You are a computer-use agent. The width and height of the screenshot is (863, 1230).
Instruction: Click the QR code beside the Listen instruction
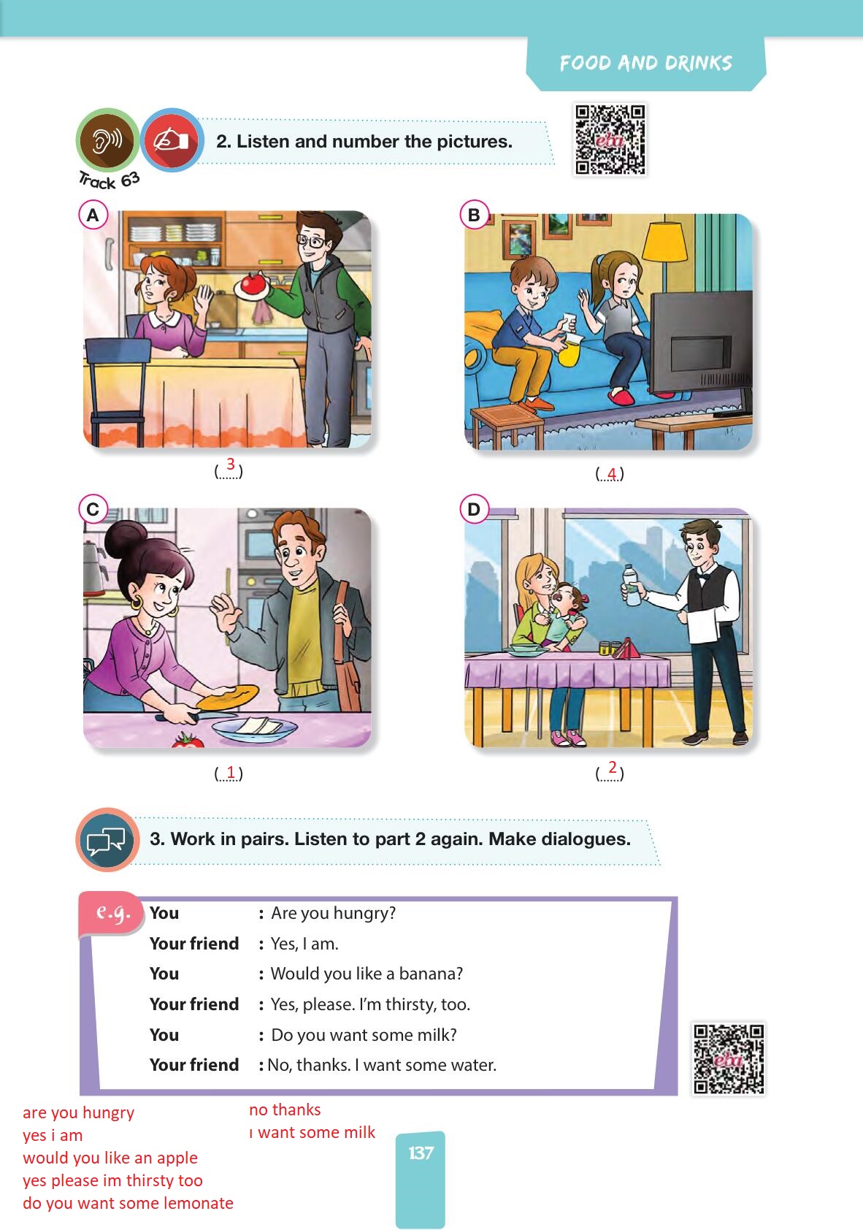[x=610, y=140]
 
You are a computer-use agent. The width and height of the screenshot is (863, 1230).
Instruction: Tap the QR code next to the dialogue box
[x=729, y=1058]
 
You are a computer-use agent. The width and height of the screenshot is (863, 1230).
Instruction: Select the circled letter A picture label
[x=93, y=215]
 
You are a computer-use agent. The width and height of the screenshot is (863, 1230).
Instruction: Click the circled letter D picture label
[x=473, y=509]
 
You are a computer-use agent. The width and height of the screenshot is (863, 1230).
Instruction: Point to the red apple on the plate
[x=253, y=283]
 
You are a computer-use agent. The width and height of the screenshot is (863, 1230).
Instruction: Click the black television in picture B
[x=701, y=351]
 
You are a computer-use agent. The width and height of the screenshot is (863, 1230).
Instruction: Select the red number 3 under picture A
[x=231, y=464]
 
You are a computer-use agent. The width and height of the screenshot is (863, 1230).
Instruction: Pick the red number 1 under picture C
[x=231, y=771]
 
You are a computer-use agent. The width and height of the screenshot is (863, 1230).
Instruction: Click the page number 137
[x=421, y=1153]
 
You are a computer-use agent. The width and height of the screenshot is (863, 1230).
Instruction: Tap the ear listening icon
[x=107, y=140]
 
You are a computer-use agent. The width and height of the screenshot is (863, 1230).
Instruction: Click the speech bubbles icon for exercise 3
[x=107, y=839]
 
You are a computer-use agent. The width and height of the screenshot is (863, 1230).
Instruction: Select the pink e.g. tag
[x=111, y=912]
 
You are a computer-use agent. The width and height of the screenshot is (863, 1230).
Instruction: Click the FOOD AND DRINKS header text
[x=645, y=63]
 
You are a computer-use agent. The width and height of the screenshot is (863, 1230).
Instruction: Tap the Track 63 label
[x=110, y=180]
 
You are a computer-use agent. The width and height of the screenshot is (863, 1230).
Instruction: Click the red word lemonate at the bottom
[x=198, y=1202]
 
